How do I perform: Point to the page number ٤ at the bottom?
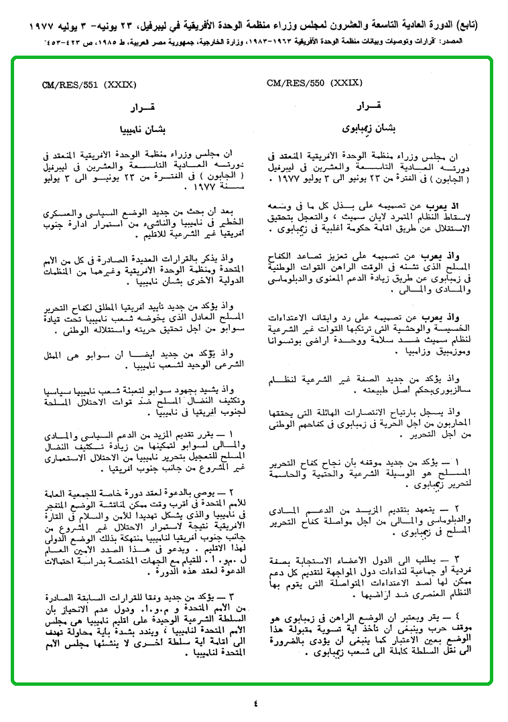point(255,703)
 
